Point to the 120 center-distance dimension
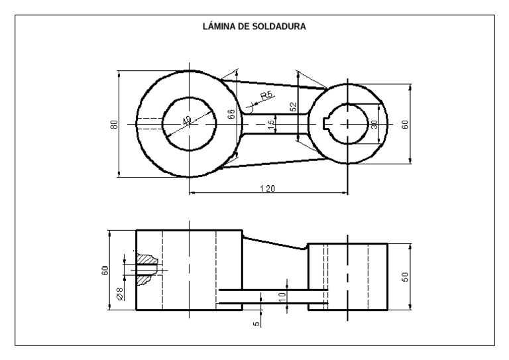click(267, 189)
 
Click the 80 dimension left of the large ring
click(114, 124)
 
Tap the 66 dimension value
click(231, 113)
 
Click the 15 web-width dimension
click(270, 125)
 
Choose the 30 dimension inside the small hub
click(374, 124)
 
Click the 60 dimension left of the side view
click(105, 270)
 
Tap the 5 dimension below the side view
click(256, 324)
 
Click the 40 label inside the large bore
click(187, 121)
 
